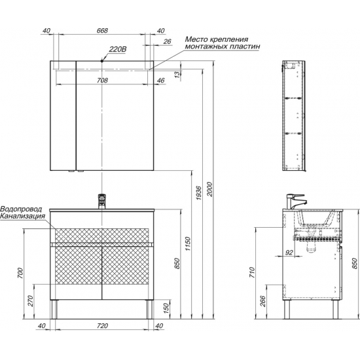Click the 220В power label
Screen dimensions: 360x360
click(118, 49)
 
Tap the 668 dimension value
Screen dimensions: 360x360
click(102, 30)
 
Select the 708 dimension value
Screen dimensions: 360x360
click(102, 81)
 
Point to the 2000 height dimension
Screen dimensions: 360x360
click(209, 189)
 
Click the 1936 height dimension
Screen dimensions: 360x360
click(199, 192)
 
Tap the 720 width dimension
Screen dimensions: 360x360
click(102, 325)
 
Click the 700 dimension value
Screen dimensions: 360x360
click(20, 273)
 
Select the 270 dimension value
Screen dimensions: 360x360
click(31, 301)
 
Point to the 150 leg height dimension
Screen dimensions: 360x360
click(167, 308)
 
